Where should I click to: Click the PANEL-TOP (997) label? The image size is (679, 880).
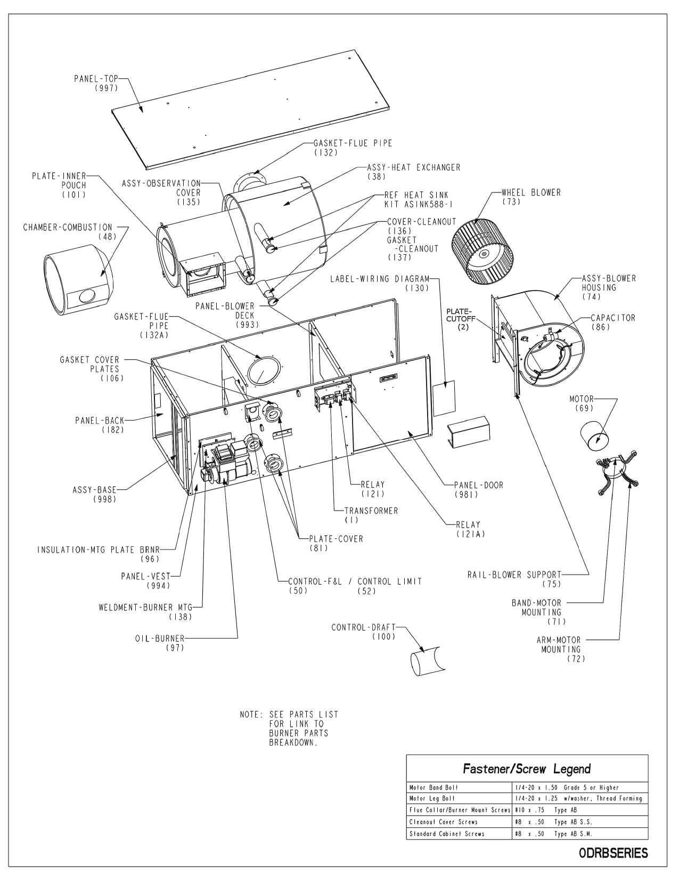click(95, 83)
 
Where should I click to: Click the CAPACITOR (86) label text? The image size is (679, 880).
click(612, 322)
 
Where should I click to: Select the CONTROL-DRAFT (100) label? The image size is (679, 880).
click(364, 632)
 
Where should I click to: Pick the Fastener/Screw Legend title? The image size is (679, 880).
click(527, 769)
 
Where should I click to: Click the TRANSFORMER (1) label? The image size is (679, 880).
click(371, 515)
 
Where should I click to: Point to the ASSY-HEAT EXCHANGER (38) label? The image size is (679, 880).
click(413, 171)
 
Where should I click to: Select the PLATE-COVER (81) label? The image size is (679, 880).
click(336, 543)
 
